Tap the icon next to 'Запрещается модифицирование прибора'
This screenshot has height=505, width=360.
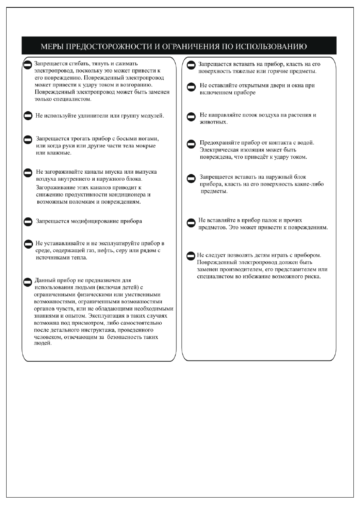(x=28, y=222)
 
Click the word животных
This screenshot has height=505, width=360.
(x=212, y=122)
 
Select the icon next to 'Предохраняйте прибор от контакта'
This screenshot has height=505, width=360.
(x=191, y=144)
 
